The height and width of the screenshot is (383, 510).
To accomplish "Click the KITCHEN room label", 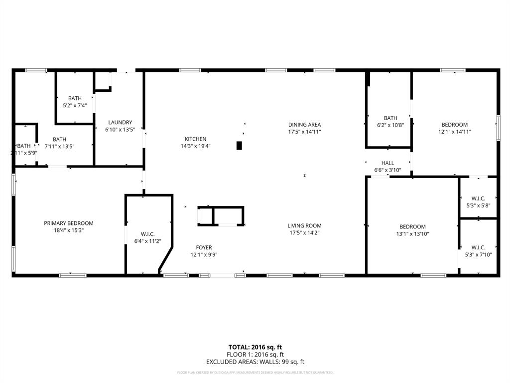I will tap(195, 139).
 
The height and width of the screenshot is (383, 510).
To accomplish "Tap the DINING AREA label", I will tap(304, 125).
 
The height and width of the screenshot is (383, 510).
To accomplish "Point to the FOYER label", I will tap(204, 247).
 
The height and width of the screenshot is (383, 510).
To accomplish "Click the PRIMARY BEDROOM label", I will tap(69, 223).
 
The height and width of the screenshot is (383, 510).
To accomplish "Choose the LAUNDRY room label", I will tap(120, 122).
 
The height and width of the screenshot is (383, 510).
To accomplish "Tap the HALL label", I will tap(387, 163).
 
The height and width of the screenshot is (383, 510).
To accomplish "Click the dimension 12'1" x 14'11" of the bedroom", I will tap(454, 132).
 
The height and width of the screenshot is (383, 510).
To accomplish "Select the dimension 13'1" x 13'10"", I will tap(412, 234).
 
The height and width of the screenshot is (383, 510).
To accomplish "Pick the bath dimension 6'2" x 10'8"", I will tap(390, 125).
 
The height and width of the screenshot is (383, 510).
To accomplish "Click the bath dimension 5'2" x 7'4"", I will tap(75, 105).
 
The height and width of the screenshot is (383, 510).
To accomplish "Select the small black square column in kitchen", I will tap(239, 146).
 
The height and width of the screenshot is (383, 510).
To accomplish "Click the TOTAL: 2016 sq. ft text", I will tap(255, 347).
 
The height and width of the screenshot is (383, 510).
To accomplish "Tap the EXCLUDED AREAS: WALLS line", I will tap(255, 362).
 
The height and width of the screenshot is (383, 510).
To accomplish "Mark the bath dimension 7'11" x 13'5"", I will tap(59, 147).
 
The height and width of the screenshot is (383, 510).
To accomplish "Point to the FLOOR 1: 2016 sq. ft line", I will tap(255, 355).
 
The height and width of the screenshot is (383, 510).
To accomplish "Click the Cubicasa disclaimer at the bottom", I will tap(255, 373).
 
